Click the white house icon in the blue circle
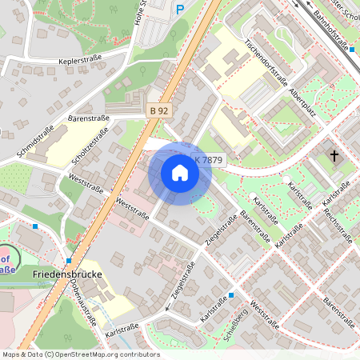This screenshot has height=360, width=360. pyautogui.click(x=180, y=173)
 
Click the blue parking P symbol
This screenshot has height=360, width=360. pyautogui.click(x=180, y=9)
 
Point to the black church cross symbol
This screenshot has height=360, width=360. pyautogui.click(x=334, y=158)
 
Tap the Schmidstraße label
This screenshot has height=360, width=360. pyautogui.click(x=34, y=142)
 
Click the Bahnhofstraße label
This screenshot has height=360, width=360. pyautogui.click(x=333, y=30)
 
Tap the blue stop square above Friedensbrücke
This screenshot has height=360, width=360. pyautogui.click(x=70, y=261)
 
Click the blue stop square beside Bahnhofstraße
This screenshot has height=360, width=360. pyautogui.click(x=352, y=50)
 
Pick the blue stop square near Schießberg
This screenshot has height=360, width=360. pyautogui.click(x=231, y=295)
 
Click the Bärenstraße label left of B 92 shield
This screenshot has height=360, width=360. pyautogui.click(x=88, y=118)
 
